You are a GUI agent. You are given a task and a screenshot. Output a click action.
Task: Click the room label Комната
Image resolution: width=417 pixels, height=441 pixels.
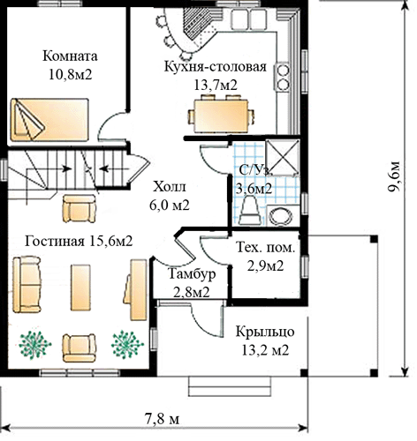pyautogui.click(x=70, y=56)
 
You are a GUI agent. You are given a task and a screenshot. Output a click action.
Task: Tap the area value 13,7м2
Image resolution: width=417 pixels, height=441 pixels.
pyautogui.click(x=216, y=86)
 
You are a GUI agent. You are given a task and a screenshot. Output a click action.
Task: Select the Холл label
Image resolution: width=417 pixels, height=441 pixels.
pyautogui.click(x=170, y=187)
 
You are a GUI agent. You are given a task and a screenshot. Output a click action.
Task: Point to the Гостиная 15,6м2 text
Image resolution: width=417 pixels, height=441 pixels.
pyautogui.click(x=79, y=242)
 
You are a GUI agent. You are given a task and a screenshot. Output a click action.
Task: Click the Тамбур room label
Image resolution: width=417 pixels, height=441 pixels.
pyautogui.click(x=192, y=274)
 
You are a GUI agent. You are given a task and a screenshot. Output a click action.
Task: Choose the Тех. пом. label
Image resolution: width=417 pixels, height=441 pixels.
pyautogui.click(x=265, y=248)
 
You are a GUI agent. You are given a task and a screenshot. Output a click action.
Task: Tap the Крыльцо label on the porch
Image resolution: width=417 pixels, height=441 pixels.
pyautogui.click(x=265, y=332)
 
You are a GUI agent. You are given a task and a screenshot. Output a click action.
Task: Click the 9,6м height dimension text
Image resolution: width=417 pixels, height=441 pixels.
pyautogui.click(x=394, y=176)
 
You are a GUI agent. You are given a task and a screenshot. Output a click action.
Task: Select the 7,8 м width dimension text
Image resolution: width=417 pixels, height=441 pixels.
pyautogui.click(x=162, y=418)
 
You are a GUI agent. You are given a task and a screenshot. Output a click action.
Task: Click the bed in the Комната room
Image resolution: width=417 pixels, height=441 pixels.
pyautogui.click(x=49, y=120)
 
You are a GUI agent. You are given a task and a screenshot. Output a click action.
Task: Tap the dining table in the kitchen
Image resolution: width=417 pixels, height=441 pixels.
pyautogui.click(x=221, y=116)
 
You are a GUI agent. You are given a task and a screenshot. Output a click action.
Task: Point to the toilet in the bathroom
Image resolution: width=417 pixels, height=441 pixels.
pyautogui.click(x=250, y=211)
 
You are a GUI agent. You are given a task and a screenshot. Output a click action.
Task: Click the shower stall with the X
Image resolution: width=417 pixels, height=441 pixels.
pyautogui.click(x=283, y=158)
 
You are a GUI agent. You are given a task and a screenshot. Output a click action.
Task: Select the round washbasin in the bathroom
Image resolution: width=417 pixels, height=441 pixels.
pyautogui.click(x=281, y=216)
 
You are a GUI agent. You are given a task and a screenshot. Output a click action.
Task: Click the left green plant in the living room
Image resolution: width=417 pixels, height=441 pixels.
pyautogui.click(x=34, y=345)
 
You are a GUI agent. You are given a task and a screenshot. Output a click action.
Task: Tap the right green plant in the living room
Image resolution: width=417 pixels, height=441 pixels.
pyautogui.click(x=127, y=345)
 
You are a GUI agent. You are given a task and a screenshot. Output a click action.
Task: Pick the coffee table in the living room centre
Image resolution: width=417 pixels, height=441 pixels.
pyautogui.click(x=80, y=288)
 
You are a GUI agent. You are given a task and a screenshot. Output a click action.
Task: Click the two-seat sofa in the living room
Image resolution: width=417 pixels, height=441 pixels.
pyautogui.click(x=27, y=284)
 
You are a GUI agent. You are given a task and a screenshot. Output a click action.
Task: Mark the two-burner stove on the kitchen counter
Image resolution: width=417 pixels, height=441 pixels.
pyautogui.click(x=282, y=77)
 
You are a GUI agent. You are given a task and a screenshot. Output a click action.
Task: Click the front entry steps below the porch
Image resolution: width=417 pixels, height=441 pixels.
pyautogui.click(x=230, y=386)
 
